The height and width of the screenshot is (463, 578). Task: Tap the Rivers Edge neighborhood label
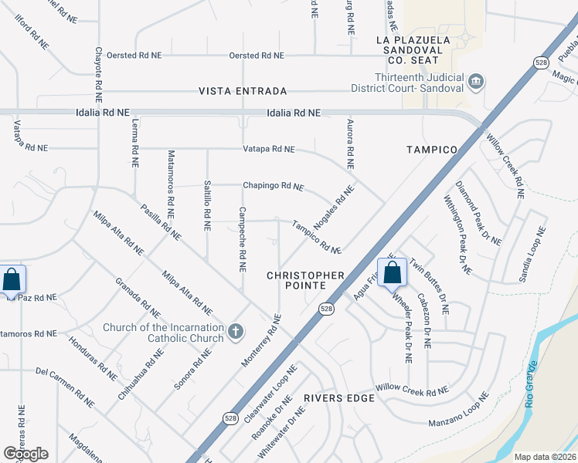point(338,398)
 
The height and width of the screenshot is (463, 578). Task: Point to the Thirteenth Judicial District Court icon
point(476,79)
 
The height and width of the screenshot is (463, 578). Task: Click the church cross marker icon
point(236,333)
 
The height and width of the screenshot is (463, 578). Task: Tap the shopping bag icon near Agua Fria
point(392,272)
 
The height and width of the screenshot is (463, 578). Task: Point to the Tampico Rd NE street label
point(317,237)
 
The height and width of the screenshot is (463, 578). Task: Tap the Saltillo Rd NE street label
point(207,204)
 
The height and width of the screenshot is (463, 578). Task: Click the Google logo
point(25,454)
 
